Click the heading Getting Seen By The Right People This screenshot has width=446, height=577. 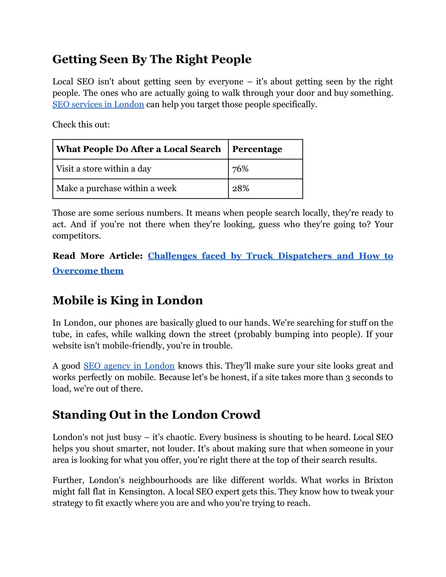tap(152, 59)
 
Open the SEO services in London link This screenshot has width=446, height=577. tap(98, 105)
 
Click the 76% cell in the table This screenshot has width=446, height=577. tap(240, 169)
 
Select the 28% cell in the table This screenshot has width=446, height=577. tap(240, 189)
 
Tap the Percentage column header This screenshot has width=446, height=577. tap(257, 149)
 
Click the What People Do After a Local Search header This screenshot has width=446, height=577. tap(139, 149)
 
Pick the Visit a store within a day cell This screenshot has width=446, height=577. tap(104, 169)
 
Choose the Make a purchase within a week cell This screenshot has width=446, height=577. tap(116, 189)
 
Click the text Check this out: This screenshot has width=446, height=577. tap(81, 125)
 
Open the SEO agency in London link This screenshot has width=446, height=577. tap(129, 366)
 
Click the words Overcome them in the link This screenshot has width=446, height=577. tap(88, 271)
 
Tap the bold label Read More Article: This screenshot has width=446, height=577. tap(98, 256)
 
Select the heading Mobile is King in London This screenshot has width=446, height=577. tap(128, 300)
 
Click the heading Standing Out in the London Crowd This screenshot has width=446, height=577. tap(156, 415)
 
